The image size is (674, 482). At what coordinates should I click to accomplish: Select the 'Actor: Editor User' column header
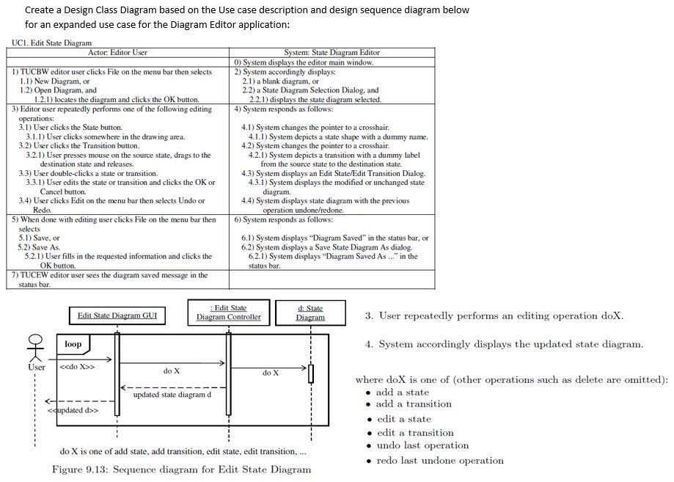click(x=117, y=52)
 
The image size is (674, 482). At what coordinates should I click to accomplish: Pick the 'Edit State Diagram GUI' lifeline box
click(x=117, y=315)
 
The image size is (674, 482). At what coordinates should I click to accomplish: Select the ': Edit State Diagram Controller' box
click(x=229, y=313)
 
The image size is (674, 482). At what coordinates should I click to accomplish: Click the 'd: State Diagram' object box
click(x=310, y=313)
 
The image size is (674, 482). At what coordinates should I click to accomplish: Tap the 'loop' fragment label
click(x=73, y=344)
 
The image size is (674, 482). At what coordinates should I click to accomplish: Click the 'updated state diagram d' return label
click(x=172, y=395)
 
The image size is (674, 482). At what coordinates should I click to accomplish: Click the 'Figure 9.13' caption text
click(x=181, y=470)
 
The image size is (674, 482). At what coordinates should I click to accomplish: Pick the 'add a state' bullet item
click(x=402, y=392)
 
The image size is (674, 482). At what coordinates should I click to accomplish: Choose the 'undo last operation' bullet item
click(x=422, y=445)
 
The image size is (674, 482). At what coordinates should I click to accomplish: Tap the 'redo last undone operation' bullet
click(x=439, y=461)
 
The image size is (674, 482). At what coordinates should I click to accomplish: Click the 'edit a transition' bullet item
click(x=415, y=433)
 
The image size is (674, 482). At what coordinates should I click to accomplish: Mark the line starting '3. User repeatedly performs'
click(x=494, y=316)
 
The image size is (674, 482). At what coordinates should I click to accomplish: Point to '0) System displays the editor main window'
click(x=304, y=62)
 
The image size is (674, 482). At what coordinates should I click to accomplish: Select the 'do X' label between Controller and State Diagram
click(x=271, y=373)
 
